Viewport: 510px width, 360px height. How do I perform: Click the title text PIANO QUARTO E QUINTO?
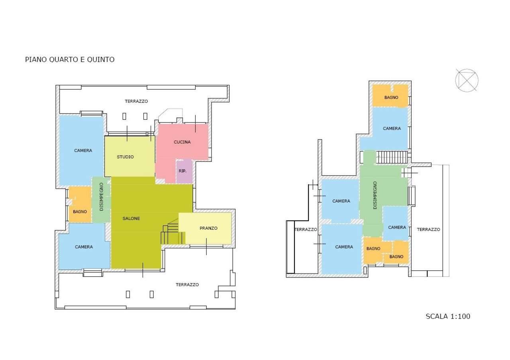click(70, 59)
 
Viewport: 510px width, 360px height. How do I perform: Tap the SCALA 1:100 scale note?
click(448, 316)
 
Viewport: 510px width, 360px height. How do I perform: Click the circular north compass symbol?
click(467, 81)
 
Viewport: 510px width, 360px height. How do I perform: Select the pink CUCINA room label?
click(182, 142)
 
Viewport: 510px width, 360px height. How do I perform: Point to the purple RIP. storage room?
click(184, 171)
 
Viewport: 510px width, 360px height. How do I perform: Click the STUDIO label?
click(125, 157)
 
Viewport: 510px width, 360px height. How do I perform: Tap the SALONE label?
click(131, 218)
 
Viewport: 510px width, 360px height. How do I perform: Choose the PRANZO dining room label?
click(208, 228)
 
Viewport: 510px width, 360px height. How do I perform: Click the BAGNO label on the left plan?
click(80, 212)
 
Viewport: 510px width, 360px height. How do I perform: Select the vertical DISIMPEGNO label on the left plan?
click(101, 197)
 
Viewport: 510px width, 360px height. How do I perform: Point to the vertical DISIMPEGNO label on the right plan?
click(375, 195)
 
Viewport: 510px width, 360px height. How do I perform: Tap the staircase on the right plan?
click(392, 157)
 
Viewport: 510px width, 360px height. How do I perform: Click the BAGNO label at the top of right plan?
click(391, 97)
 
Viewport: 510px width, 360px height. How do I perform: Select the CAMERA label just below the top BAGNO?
click(392, 128)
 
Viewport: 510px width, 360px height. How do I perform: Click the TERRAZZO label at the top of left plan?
click(136, 101)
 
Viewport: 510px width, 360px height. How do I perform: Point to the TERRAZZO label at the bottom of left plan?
click(187, 285)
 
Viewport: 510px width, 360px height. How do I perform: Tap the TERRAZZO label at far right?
click(428, 230)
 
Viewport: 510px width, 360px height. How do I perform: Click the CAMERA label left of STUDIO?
click(83, 150)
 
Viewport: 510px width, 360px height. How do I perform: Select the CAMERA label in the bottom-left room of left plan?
click(84, 247)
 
